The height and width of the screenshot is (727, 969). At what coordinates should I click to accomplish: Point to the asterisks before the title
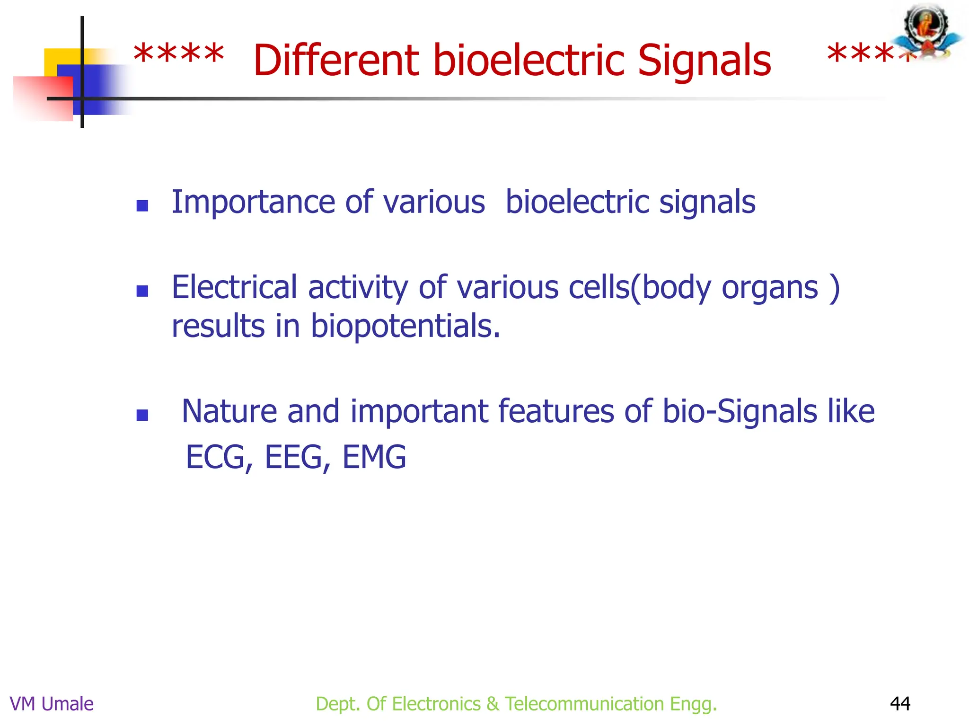[179, 56]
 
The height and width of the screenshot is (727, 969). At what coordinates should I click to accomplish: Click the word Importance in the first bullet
[253, 203]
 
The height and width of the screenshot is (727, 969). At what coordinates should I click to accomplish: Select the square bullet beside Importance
[142, 205]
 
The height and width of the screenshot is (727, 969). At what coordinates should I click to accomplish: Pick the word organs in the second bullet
[770, 287]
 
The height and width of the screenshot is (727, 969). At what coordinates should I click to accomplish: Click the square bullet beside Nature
[142, 415]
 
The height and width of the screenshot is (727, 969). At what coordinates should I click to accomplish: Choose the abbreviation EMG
[374, 457]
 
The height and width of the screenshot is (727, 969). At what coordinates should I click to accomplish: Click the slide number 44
[900, 704]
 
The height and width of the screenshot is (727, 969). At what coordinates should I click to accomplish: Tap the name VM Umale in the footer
[52, 704]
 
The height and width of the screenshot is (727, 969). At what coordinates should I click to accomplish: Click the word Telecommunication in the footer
[584, 704]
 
